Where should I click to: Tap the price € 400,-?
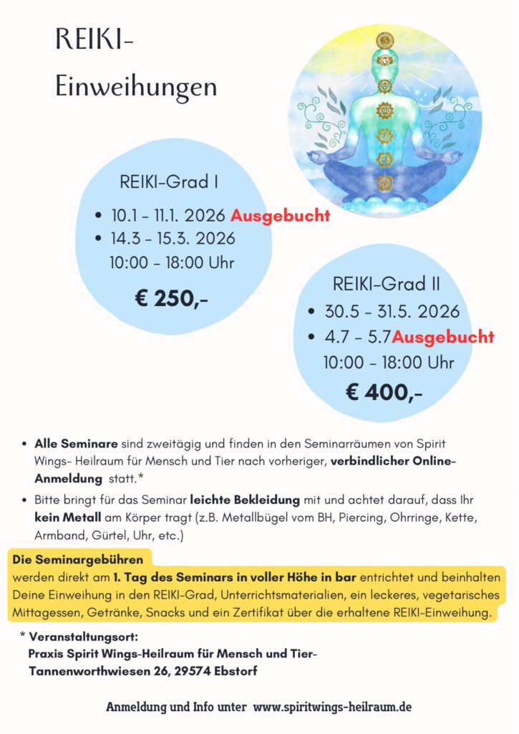tap(384, 392)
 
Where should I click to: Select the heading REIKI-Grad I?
tap(169, 182)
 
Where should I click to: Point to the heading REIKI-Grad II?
tap(387, 284)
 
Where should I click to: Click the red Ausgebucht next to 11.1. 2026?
tap(281, 216)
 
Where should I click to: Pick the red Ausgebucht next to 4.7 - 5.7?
tap(443, 337)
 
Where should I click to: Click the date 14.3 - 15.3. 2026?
tap(173, 239)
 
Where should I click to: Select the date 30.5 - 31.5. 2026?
tap(392, 312)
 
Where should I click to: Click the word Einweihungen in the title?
tap(136, 87)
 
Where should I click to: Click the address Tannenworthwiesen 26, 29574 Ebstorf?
tap(143, 672)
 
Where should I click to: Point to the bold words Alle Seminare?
tap(77, 445)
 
